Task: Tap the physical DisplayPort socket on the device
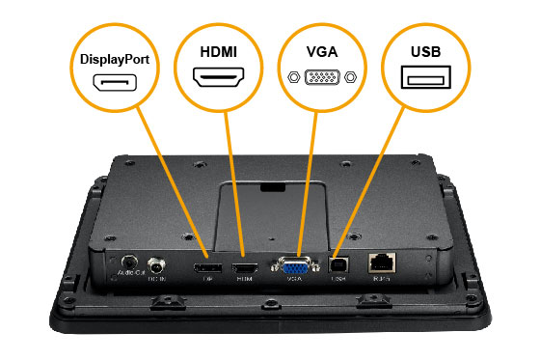pos(204,266)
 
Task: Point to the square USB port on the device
pos(338,263)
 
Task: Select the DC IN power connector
pos(155,263)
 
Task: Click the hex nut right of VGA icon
pos(351,78)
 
